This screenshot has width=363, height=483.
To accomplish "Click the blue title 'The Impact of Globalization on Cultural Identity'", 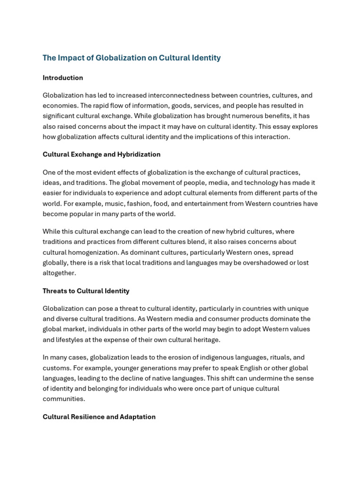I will coord(131,58).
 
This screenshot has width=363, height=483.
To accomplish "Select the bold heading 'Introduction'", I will coord(63,78).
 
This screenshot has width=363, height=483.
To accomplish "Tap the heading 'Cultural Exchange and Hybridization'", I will coord(102,154).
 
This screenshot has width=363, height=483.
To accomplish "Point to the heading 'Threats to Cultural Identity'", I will coord(86,291).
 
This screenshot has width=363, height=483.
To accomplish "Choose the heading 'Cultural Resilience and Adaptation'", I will coord(99,417).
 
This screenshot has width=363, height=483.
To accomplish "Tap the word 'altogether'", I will coord(59,273).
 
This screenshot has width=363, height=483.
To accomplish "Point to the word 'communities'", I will coord(64,399).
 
